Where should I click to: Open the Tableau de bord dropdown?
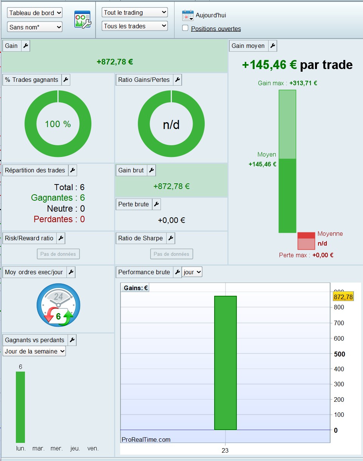(x=34, y=13)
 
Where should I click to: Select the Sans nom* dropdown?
(x=34, y=27)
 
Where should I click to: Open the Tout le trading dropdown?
(x=134, y=12)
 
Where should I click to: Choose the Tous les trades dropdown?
(x=134, y=26)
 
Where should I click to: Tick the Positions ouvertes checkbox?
(x=185, y=28)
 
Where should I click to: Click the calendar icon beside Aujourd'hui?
(x=188, y=15)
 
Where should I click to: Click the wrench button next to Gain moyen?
(x=273, y=46)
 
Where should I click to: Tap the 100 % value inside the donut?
(x=58, y=124)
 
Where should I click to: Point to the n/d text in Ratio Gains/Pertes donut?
(x=171, y=124)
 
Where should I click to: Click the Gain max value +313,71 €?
(x=303, y=83)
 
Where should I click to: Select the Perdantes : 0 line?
(x=59, y=219)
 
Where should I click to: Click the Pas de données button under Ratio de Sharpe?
(x=171, y=254)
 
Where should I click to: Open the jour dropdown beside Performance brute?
(x=192, y=272)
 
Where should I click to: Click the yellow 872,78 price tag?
(x=343, y=297)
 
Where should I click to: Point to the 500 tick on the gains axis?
(x=340, y=354)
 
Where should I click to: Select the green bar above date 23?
(x=225, y=363)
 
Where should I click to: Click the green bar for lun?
(x=20, y=407)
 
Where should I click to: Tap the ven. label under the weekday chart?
(x=93, y=448)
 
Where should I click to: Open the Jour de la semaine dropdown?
(x=34, y=351)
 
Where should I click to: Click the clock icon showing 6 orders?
(x=58, y=305)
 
